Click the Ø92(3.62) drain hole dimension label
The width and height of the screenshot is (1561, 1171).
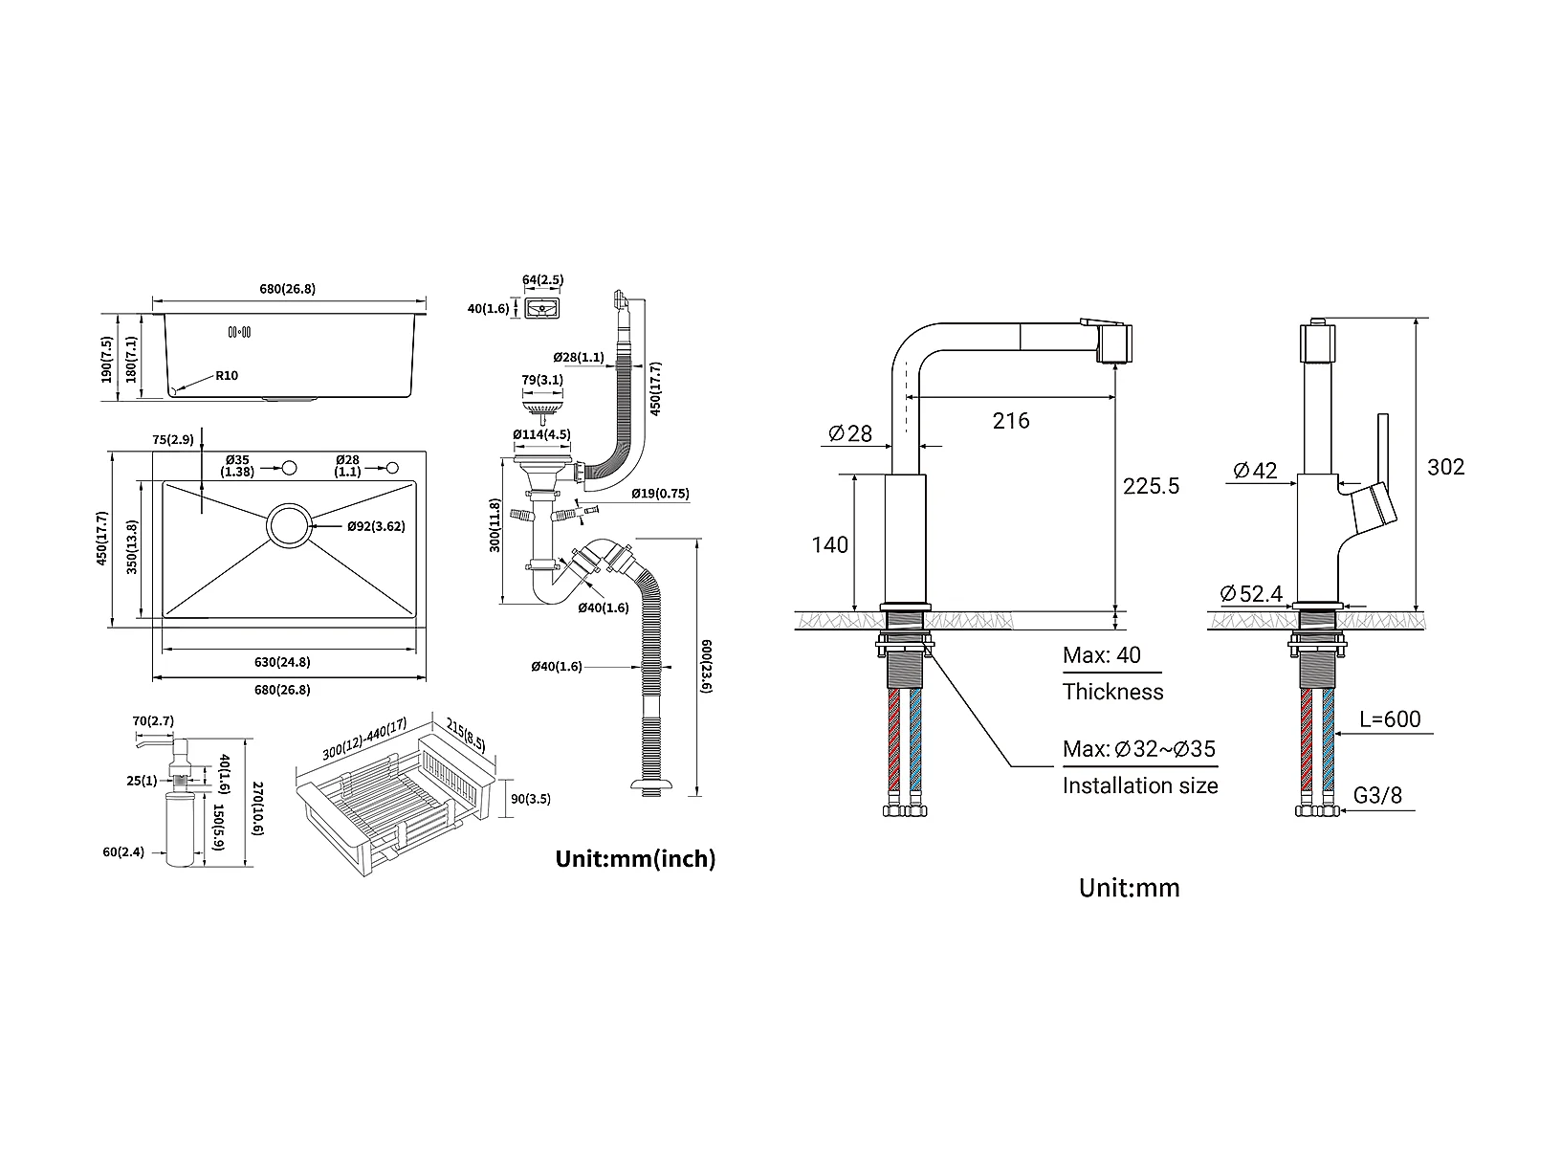[376, 526]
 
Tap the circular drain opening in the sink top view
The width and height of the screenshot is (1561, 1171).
[289, 525]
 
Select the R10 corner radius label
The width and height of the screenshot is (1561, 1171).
[227, 375]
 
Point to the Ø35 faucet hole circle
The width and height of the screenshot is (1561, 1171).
[290, 468]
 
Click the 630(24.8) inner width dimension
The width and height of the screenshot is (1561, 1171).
[282, 662]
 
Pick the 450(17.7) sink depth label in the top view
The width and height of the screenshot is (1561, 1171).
[101, 539]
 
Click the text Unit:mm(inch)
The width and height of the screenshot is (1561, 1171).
[635, 859]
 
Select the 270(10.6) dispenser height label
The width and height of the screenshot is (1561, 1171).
[257, 808]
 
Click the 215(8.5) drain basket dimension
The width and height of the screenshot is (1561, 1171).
[466, 735]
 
